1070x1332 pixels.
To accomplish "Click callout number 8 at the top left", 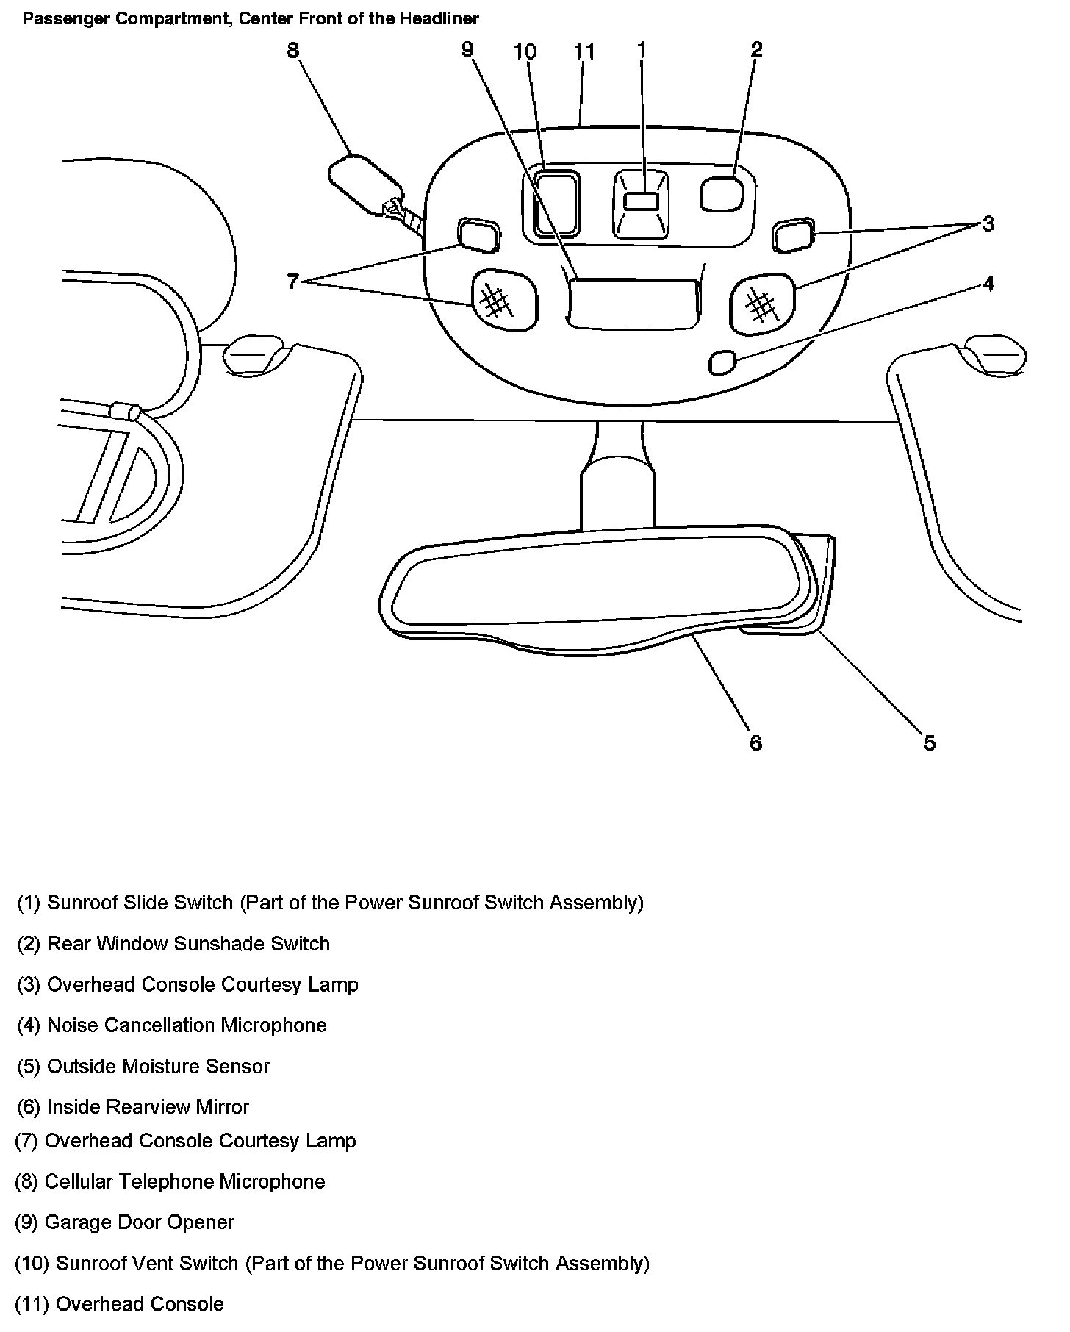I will [x=293, y=50].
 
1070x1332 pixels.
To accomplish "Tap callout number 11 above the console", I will [x=584, y=51].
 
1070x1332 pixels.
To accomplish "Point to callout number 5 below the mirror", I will [x=930, y=743].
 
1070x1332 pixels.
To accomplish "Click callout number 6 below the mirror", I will [x=756, y=743].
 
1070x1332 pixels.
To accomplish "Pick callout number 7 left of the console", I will [x=292, y=281].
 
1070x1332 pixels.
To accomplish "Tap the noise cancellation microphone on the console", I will [x=722, y=362].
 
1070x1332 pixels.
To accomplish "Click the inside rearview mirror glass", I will [x=588, y=581].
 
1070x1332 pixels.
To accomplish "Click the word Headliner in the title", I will [x=439, y=18].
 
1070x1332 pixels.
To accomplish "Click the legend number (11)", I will [x=32, y=1303].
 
